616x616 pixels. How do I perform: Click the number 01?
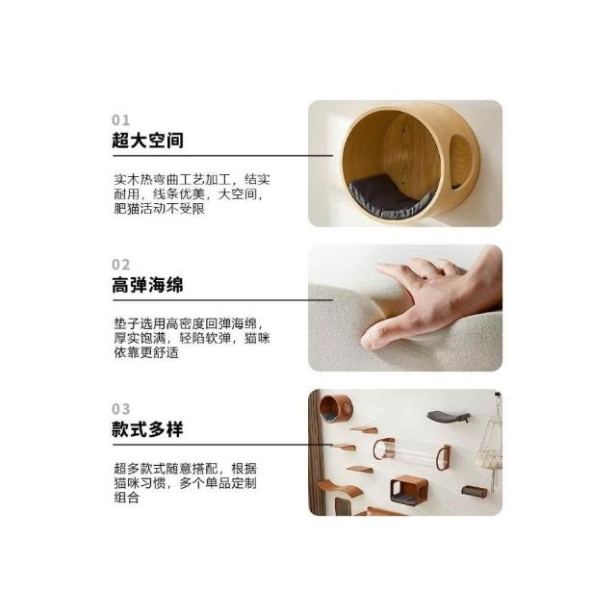pyautogui.click(x=120, y=119)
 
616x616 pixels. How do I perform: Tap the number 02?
pyautogui.click(x=120, y=265)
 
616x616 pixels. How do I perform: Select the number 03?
pyautogui.click(x=120, y=409)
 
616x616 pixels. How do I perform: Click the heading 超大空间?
pyautogui.click(x=147, y=141)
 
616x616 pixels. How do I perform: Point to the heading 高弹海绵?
pyautogui.click(x=147, y=285)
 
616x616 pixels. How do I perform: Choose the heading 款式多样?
pyautogui.click(x=147, y=429)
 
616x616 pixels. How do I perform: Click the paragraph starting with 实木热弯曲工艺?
pyautogui.click(x=192, y=194)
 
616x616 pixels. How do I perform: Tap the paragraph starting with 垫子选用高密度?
pyautogui.click(x=192, y=338)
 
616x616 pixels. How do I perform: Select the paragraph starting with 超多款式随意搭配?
pyautogui.click(x=186, y=483)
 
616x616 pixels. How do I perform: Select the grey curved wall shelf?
pyautogui.click(x=449, y=417)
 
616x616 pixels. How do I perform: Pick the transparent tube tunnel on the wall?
pyautogui.click(x=411, y=455)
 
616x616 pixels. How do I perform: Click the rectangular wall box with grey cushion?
pyautogui.click(x=409, y=491)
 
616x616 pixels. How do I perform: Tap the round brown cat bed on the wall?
pyautogui.click(x=336, y=408)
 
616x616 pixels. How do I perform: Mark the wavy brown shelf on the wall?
pyautogui.click(x=340, y=488)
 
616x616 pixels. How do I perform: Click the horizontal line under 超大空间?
pyautogui.click(x=222, y=156)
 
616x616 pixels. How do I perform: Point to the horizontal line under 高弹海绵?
pyautogui.click(x=222, y=300)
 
